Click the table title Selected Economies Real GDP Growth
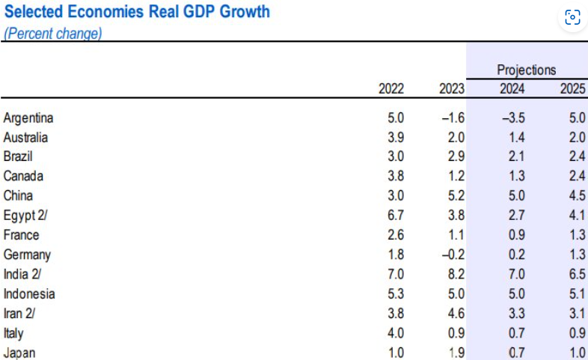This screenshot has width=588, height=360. (x=137, y=12)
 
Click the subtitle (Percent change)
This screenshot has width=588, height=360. (x=53, y=34)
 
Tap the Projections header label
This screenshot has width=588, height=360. (x=527, y=70)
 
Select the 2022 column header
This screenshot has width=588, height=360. (x=391, y=89)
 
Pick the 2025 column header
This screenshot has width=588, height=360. (x=572, y=89)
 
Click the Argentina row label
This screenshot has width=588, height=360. (x=28, y=118)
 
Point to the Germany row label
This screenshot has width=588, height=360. (x=27, y=254)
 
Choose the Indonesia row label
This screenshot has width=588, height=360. (x=29, y=293)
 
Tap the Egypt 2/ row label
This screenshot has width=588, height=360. (x=25, y=216)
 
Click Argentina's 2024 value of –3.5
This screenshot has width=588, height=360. (x=514, y=118)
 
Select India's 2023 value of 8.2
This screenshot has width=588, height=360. (x=456, y=274)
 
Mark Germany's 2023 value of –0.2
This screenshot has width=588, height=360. (x=453, y=254)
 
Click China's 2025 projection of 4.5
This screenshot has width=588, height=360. (x=577, y=196)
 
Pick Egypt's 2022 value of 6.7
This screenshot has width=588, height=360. (x=396, y=216)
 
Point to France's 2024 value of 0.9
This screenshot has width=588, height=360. (x=517, y=235)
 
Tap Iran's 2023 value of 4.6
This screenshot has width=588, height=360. (x=456, y=313)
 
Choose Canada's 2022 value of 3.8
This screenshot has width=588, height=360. (x=396, y=176)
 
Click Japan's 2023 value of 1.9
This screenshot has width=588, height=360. (x=456, y=353)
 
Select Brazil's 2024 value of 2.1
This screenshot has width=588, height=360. (x=517, y=156)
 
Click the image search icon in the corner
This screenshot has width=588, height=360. (x=572, y=17)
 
